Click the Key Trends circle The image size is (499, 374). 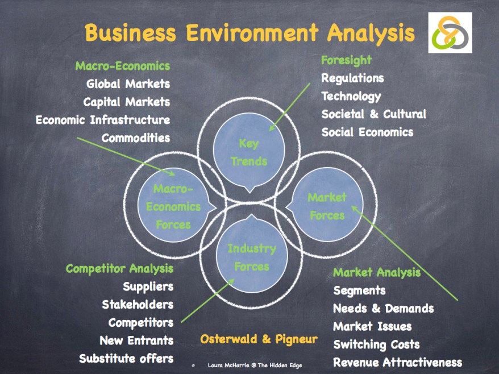(x=249, y=152)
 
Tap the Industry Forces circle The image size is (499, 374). (x=251, y=257)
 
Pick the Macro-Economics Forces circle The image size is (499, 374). (x=173, y=207)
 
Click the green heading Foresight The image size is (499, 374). (x=346, y=60)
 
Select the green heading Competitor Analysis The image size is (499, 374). (x=119, y=268)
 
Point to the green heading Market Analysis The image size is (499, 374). (x=377, y=272)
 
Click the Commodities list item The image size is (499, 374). (x=136, y=138)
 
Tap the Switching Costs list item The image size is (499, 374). (x=376, y=344)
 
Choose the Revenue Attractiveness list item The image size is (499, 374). (x=397, y=363)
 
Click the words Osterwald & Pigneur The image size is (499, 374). (x=259, y=340)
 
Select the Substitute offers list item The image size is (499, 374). (x=126, y=359)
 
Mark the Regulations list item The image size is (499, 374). (x=352, y=78)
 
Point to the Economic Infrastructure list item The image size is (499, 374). (x=103, y=120)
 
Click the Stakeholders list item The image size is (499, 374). (x=138, y=305)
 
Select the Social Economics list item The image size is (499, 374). (x=367, y=132)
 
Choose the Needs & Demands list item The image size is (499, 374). (x=383, y=309)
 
